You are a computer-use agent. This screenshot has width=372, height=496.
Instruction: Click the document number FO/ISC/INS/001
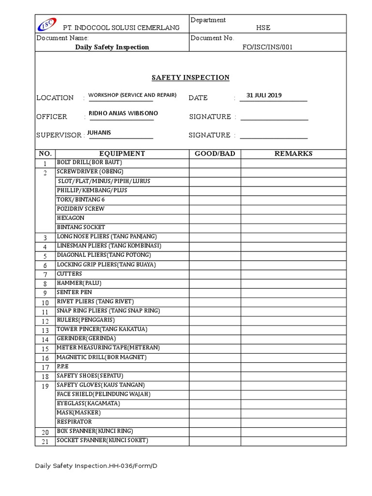(x=267, y=47)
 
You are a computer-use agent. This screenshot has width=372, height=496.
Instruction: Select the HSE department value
(x=263, y=28)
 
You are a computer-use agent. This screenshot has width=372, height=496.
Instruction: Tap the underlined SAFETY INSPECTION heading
(x=190, y=77)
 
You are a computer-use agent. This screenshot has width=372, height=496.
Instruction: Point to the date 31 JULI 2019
(x=264, y=95)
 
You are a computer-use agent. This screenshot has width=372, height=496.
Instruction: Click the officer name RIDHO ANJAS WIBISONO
(x=123, y=113)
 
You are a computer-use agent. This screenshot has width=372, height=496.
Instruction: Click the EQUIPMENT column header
(x=122, y=154)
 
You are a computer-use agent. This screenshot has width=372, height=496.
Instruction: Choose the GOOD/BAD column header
(x=215, y=154)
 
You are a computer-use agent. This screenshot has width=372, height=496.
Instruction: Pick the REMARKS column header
(x=294, y=154)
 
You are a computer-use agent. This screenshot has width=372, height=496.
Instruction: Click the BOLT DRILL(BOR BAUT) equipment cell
(x=89, y=162)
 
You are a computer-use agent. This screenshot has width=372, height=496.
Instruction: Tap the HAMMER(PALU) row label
(x=79, y=283)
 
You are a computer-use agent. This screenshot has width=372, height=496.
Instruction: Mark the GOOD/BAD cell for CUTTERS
(x=215, y=274)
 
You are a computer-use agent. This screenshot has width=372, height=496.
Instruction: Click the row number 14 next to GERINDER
(x=45, y=340)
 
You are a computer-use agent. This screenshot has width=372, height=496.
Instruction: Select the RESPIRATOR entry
(x=74, y=422)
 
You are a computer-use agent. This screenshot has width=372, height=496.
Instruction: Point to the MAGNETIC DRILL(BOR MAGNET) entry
(x=101, y=357)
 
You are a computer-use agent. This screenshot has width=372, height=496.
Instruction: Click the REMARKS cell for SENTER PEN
(x=294, y=293)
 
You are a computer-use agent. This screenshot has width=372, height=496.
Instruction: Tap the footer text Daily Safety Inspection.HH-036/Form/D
(x=96, y=466)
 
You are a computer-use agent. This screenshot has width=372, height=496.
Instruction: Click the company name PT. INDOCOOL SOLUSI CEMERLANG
(x=118, y=28)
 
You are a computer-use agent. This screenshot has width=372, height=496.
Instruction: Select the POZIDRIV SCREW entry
(x=80, y=209)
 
